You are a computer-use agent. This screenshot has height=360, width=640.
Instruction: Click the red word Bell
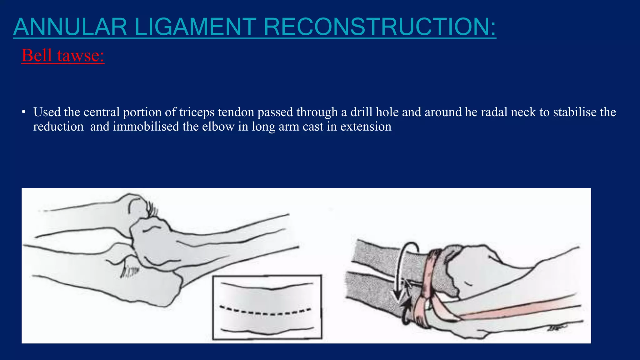coord(37,56)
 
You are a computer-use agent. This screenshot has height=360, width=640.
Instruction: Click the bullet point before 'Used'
coord(24,112)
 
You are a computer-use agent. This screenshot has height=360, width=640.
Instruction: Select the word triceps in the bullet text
coord(197,112)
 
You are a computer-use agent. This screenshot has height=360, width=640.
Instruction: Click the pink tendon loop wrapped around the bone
coord(430,275)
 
